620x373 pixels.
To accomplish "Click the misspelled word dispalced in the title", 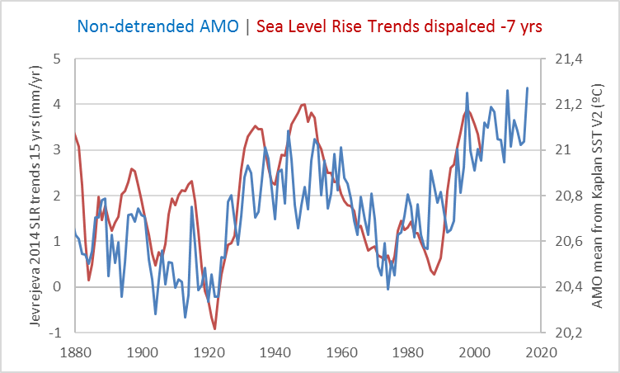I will (x=442, y=26).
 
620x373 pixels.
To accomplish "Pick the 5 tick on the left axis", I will (x=57, y=59).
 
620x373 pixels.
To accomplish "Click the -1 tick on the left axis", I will (x=54, y=333).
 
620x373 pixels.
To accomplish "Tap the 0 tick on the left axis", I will (x=57, y=287).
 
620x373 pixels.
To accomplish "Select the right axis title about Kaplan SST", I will (x=599, y=196).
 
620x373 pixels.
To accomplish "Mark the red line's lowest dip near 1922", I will (x=215, y=329).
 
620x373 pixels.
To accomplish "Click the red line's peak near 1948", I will (x=304, y=104).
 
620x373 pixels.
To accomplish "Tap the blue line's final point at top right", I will (x=528, y=87).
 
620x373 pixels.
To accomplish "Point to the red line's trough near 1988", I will (x=434, y=274).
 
